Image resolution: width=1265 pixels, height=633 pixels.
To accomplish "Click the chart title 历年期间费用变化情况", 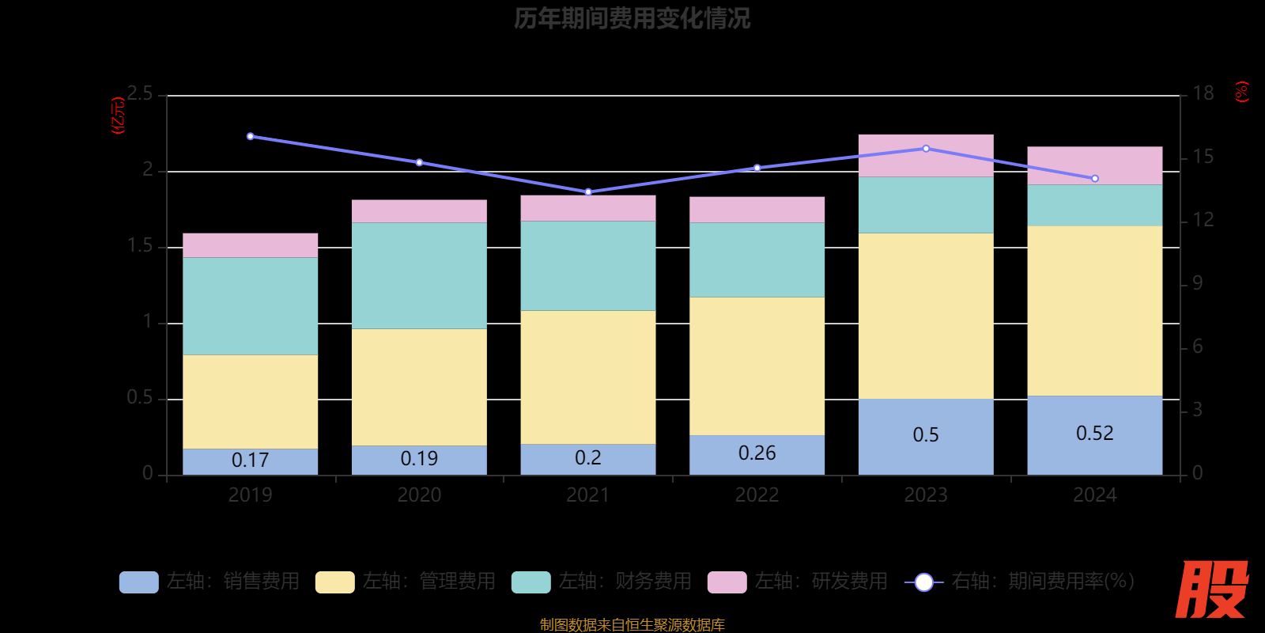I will coord(632,18).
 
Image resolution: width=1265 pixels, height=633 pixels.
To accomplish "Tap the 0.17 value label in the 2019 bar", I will coord(250,460).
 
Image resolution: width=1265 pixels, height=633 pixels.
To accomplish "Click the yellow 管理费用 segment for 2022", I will coord(757,366).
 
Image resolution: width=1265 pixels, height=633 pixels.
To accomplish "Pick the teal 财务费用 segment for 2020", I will coord(419,275).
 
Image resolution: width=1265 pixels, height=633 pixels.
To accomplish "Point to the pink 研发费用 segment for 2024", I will coord(1094,165).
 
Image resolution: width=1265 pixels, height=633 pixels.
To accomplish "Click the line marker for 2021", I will coord(588,192).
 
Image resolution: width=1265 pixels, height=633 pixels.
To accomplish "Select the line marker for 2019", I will coord(251,136).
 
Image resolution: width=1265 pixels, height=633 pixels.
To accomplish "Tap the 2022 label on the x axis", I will coord(757,495).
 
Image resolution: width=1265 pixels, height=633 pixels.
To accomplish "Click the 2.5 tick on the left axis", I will coord(140,94).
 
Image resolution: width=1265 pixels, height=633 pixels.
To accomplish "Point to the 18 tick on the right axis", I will coord(1203,94).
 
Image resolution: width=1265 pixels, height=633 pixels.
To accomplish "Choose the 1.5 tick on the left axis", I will coord(140,246).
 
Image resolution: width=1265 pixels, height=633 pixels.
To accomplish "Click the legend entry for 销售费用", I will coord(210,582).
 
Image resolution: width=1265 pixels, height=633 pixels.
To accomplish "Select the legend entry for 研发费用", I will coord(798,582).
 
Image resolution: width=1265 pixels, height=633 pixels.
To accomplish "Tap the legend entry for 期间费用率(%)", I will coord(1020,582).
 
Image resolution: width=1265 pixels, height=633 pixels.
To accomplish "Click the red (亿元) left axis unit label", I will coord(119,116).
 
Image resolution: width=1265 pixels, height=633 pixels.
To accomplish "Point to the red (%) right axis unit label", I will coord(1242,92).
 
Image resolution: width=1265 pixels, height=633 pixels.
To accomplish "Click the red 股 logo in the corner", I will coord(1211,589).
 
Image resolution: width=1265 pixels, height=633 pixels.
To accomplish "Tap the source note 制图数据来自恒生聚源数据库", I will coord(632,625).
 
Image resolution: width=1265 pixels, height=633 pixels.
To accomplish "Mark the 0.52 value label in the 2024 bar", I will coord(1094,434).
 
